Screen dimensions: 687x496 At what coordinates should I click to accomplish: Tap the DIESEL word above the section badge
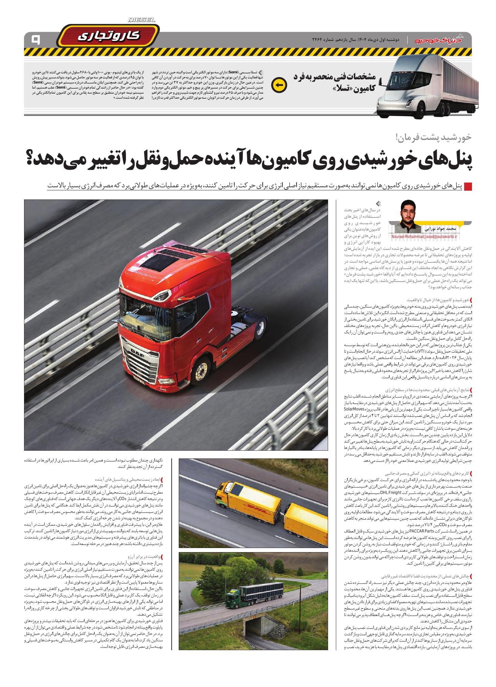point(142,20)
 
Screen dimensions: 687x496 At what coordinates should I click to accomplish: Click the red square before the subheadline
point(467,186)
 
